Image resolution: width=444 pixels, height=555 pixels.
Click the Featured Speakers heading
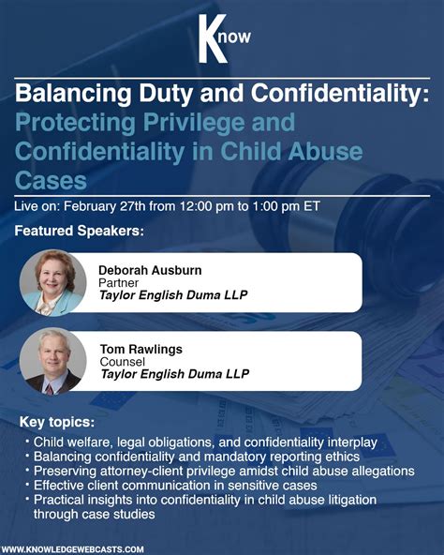pyautogui.click(x=80, y=231)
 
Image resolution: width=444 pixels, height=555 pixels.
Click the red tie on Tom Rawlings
pyautogui.click(x=48, y=383)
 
